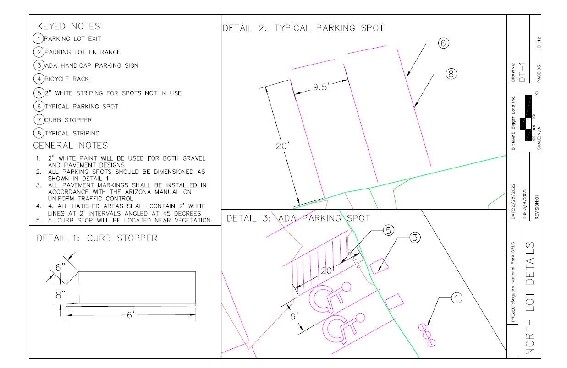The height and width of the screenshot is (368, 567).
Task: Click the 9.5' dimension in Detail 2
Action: tap(321, 87)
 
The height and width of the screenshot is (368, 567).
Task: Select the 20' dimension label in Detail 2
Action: tap(282, 146)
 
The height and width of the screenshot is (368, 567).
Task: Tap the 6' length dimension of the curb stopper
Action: tap(131, 315)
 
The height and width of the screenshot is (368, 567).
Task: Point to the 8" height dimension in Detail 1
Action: tap(60, 295)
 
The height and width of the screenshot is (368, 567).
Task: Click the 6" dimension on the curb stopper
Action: tap(60, 267)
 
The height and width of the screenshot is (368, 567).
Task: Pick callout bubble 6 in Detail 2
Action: tap(444, 43)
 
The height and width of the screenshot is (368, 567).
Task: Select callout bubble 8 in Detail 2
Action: tap(451, 74)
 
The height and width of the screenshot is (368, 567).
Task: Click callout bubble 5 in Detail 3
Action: tap(389, 231)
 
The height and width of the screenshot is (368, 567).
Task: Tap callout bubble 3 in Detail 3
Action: tap(415, 238)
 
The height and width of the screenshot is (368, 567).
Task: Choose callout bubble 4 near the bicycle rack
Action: tap(457, 298)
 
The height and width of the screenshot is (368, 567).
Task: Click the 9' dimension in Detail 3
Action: tap(294, 316)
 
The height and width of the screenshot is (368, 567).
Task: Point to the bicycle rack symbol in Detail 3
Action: tap(427, 335)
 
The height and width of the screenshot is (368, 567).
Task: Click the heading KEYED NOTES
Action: tap(68, 26)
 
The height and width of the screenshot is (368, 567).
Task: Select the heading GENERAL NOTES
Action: tap(71, 146)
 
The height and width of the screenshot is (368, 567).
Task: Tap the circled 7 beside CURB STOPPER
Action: tap(39, 119)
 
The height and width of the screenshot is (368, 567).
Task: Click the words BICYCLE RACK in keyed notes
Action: tap(66, 79)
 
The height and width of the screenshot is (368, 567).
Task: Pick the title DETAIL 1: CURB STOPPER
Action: tap(97, 238)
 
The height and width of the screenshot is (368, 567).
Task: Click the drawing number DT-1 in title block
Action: tap(522, 72)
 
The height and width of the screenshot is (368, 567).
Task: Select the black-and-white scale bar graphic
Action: tap(525, 118)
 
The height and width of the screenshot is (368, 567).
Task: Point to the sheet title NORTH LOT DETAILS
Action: tap(529, 298)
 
